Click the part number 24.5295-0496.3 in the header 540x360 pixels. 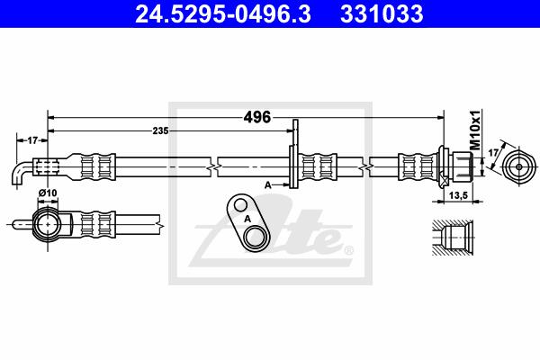[223, 14]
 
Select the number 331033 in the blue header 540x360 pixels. [382, 14]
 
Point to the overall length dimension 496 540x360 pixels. [256, 117]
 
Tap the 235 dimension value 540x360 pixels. [160, 130]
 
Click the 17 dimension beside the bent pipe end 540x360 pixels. [32, 140]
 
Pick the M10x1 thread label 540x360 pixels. [475, 130]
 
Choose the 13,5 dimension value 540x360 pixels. [458, 195]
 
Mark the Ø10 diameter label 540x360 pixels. [48, 193]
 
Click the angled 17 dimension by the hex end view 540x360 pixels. [494, 152]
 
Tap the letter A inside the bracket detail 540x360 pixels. [247, 219]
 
